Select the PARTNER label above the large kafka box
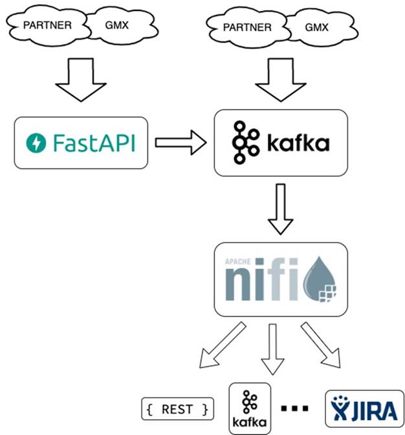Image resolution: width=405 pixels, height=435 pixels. (x=246, y=27)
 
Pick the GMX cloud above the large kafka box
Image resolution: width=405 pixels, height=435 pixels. (x=315, y=27)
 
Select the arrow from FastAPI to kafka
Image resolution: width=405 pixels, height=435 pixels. (x=180, y=143)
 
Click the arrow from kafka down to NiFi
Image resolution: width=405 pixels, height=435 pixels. (x=280, y=209)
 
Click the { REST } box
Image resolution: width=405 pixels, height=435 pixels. (x=177, y=409)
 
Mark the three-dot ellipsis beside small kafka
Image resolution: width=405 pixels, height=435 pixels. (x=294, y=408)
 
